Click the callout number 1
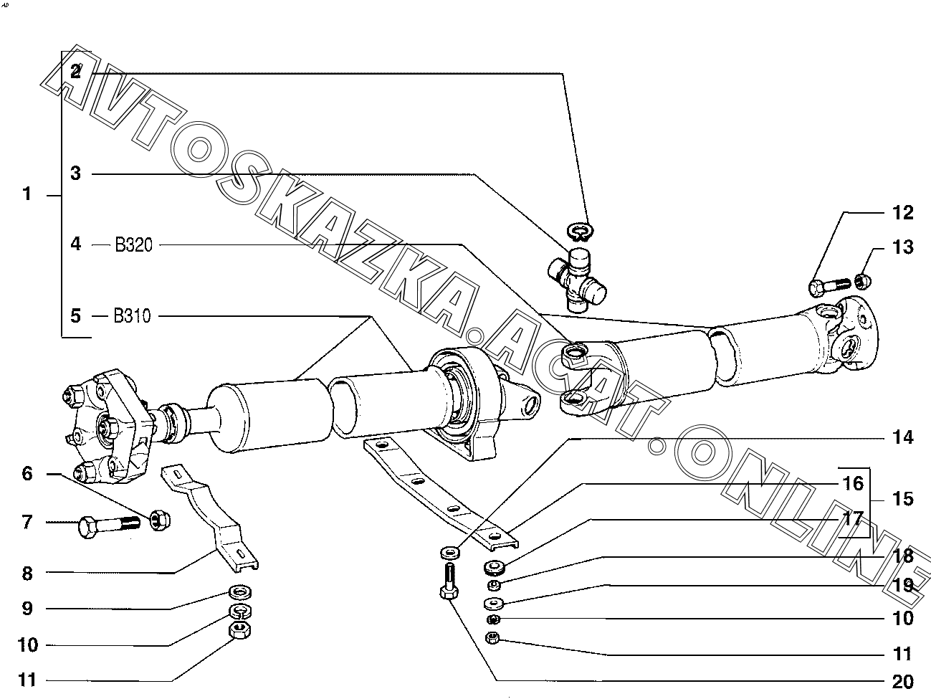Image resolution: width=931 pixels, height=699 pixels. click(27, 194)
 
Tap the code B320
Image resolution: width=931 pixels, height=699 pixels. click(133, 244)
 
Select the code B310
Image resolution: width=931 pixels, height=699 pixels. click(132, 316)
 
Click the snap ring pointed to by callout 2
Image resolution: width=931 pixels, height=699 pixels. click(581, 231)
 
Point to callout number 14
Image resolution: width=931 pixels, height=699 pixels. click(902, 437)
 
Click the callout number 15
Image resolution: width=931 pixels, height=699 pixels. click(902, 499)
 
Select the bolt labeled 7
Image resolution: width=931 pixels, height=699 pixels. click(109, 526)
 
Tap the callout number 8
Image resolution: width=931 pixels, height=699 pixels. click(27, 574)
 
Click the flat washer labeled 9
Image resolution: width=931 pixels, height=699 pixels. click(240, 591)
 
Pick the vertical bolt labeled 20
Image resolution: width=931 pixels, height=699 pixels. click(449, 581)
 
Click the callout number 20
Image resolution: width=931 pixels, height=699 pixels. click(902, 682)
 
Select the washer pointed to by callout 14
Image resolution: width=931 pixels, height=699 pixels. click(449, 553)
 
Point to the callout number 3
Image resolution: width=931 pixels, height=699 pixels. click(75, 173)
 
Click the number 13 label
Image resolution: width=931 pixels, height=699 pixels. click(902, 247)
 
